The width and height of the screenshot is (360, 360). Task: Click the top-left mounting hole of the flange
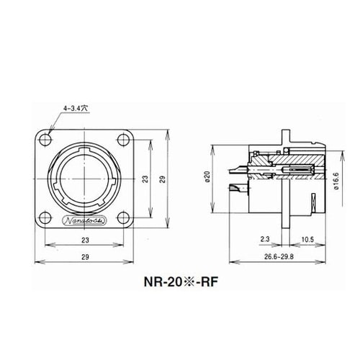pos(45,140)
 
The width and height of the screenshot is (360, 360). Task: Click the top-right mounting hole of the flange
pos(124,140)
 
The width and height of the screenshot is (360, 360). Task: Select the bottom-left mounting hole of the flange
pos(45,218)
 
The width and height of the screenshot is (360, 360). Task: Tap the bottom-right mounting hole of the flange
pos(124,218)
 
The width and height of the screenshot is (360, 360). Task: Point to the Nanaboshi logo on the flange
pos(86,220)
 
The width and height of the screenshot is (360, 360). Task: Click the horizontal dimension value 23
pos(85,240)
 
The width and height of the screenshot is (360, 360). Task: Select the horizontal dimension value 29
pos(85,257)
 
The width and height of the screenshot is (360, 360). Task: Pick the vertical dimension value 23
pos(145,179)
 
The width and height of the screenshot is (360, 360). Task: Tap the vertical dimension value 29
pos(163,179)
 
